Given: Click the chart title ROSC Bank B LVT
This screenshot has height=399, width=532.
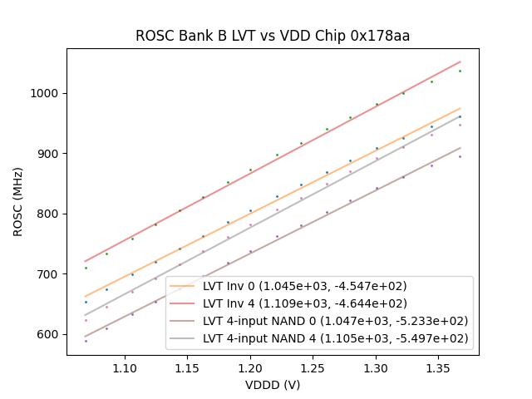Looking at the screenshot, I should (273, 37).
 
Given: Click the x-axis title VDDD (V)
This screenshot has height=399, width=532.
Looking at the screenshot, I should (273, 385).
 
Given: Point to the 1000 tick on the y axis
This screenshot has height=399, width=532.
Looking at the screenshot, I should (47, 93).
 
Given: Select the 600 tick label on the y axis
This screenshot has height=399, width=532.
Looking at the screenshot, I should (50, 334).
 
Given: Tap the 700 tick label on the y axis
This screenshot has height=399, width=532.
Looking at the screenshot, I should (50, 274).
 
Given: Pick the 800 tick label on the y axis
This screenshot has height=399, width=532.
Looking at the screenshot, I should (50, 214).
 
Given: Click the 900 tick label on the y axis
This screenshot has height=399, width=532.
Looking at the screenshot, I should (50, 154).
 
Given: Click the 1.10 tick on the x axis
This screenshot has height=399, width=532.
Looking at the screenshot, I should (125, 367).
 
